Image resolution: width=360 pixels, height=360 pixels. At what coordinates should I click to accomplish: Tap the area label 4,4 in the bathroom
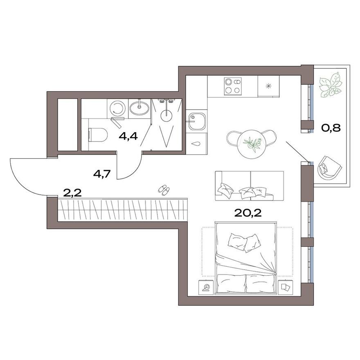pos(128,136)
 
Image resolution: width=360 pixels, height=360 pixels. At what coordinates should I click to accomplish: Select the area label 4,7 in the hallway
pos(102,173)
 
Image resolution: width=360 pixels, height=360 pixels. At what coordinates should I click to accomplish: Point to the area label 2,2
pos(72,193)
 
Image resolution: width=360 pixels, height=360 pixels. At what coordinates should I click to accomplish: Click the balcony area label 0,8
pos(331,128)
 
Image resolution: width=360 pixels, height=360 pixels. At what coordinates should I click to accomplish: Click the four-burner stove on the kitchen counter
pos(232,86)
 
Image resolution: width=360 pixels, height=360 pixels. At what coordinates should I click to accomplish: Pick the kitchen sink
pos(197,121)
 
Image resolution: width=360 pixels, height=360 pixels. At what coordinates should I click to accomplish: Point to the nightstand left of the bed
pos(207,288)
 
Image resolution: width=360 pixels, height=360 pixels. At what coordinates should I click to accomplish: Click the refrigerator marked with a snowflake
pos(269,86)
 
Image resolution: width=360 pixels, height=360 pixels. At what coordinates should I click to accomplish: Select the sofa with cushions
pos(250,186)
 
